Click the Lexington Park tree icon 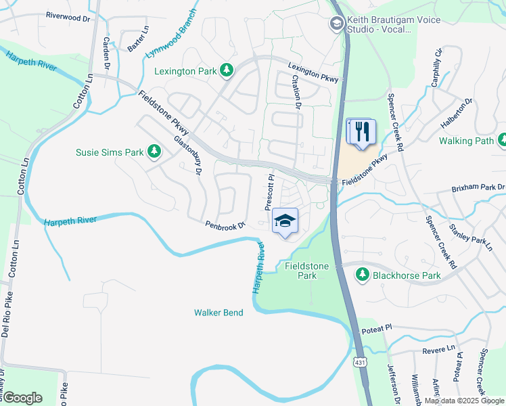pos(227,70)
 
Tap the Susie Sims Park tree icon pos(155,152)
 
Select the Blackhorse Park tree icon pos(363,275)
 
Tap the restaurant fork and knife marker pos(362,131)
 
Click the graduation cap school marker pos(285,221)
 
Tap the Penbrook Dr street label pos(225,225)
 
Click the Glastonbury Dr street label pos(189,156)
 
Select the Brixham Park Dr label pos(478,187)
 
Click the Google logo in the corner pos(22,397)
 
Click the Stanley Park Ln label pos(470,232)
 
